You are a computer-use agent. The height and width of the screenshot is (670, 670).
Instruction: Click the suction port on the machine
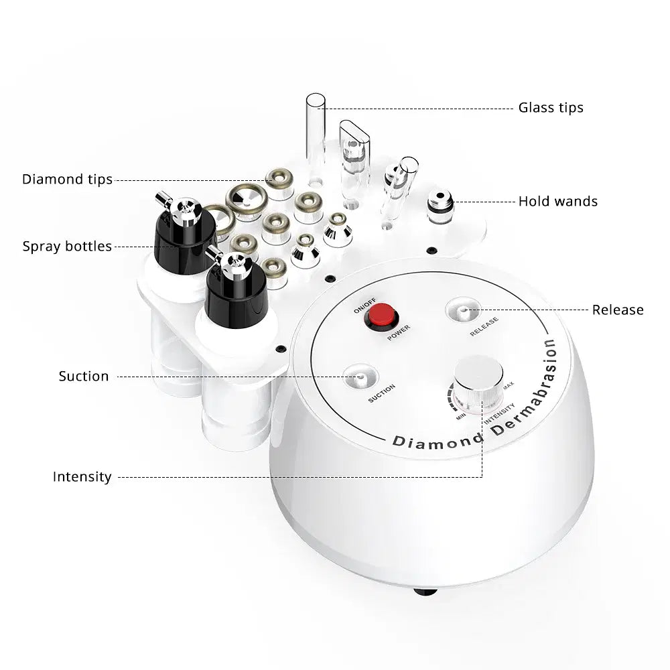point(360,377)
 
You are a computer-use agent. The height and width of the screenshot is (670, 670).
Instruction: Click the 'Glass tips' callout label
point(551,108)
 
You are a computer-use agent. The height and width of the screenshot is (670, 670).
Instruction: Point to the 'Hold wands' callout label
point(557,201)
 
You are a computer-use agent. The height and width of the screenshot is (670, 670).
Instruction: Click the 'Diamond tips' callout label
point(67,180)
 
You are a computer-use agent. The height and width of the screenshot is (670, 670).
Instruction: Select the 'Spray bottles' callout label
point(67,247)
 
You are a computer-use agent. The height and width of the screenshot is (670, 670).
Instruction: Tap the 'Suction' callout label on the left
point(83,377)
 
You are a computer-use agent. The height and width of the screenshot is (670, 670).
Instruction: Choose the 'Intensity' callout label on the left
point(82,477)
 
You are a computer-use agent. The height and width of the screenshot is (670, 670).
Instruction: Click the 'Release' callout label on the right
point(617,310)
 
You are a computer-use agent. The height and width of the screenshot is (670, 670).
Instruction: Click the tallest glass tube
point(315,134)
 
